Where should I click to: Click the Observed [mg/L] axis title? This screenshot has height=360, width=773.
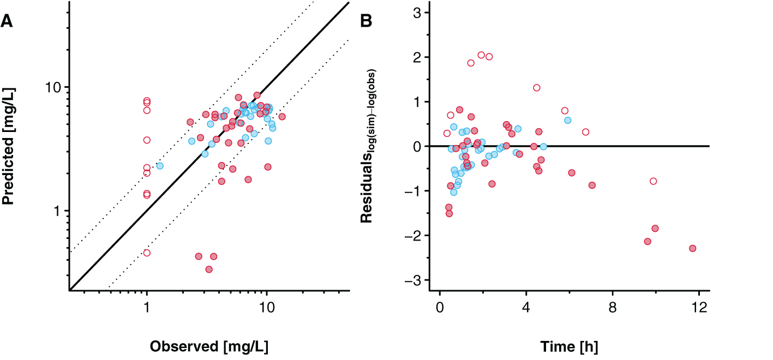click(x=209, y=346)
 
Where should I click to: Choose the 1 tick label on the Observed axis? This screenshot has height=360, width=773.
click(x=147, y=308)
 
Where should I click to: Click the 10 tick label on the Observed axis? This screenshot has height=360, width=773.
click(x=267, y=308)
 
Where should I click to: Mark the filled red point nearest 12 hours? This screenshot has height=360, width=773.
click(x=692, y=248)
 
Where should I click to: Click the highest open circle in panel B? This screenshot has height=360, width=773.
click(x=481, y=55)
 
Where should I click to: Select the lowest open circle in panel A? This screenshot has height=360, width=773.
click(x=147, y=253)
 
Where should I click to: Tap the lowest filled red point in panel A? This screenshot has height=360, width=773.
click(x=209, y=269)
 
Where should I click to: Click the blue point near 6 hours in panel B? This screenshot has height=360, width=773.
click(x=567, y=120)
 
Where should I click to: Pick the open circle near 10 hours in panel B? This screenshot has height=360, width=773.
click(x=653, y=181)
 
